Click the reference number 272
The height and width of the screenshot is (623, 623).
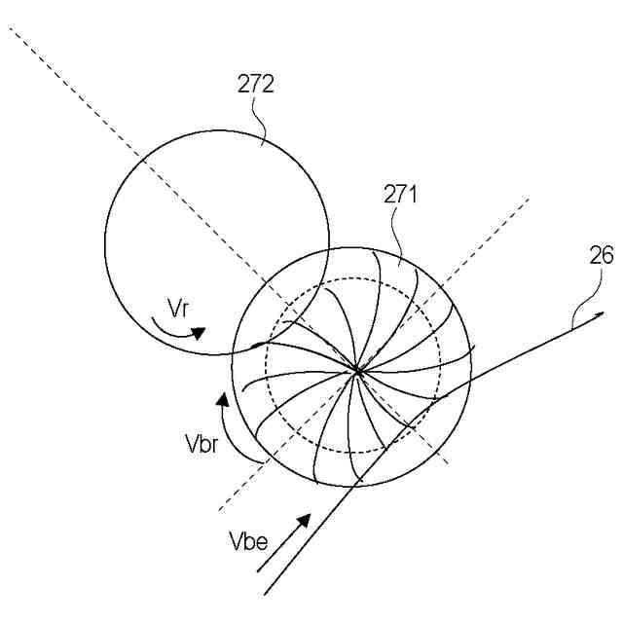tap(256, 84)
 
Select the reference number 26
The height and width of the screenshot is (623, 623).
tap(601, 256)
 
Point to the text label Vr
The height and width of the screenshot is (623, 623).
tap(177, 310)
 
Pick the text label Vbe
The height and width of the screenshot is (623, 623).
tap(247, 542)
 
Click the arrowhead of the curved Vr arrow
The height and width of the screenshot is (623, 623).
tap(200, 333)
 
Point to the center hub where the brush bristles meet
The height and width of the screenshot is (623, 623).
tap(357, 370)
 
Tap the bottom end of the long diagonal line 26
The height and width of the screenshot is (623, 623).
tap(265, 594)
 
